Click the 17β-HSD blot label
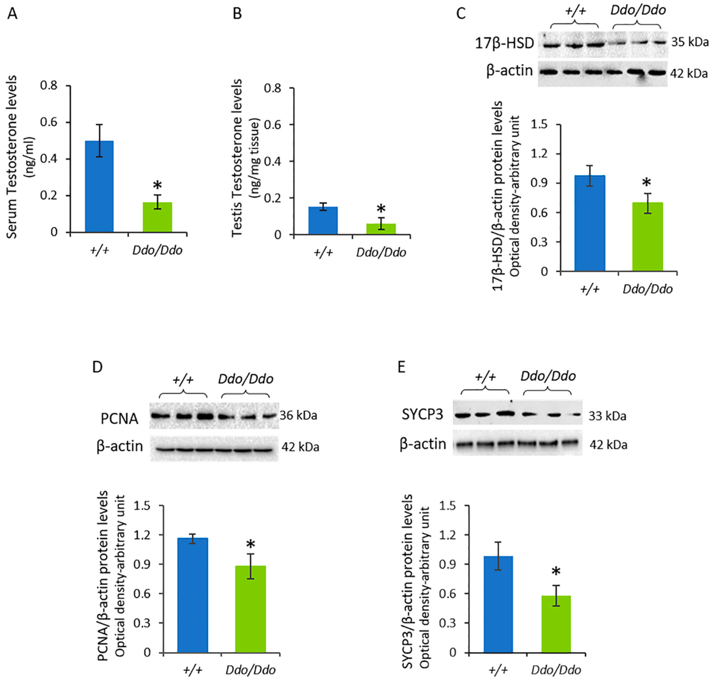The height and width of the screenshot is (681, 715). tap(504, 43)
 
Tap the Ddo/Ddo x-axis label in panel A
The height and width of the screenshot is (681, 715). tap(157, 250)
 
